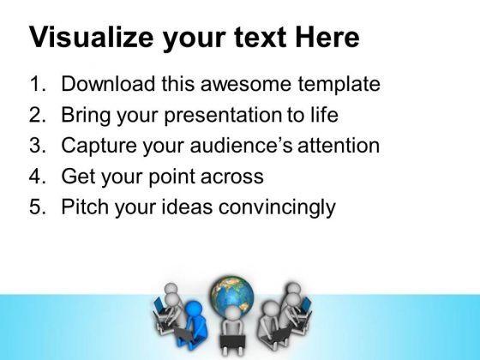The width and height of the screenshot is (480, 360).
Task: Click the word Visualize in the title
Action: click(91, 38)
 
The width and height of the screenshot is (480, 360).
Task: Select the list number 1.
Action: click(38, 84)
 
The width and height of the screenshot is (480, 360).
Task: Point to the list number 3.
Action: click(38, 145)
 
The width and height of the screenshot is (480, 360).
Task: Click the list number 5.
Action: click(38, 207)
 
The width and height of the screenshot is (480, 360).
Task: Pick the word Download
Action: click(108, 84)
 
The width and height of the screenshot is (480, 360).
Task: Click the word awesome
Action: click(245, 84)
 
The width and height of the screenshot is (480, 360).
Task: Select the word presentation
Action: click(223, 116)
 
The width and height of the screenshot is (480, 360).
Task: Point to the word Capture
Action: click(99, 147)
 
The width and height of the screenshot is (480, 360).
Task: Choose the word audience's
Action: click(241, 145)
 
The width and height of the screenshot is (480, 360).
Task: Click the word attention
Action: click(339, 146)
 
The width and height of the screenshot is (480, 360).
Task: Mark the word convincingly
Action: click(277, 208)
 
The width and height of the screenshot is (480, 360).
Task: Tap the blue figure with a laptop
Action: click(191, 325)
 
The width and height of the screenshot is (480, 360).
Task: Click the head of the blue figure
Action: click(194, 309)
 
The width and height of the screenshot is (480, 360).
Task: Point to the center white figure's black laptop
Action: click(232, 342)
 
